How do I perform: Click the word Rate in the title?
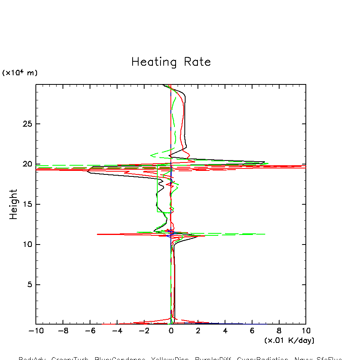(197, 62)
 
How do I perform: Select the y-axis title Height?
(14, 204)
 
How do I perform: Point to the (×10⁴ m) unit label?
(20, 73)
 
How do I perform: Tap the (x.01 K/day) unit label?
(289, 340)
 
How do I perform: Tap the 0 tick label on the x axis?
(171, 331)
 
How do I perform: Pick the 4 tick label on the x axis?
(225, 331)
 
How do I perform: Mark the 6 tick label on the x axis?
(252, 331)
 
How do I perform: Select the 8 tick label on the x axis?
(279, 331)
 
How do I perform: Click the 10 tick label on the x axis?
(306, 331)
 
